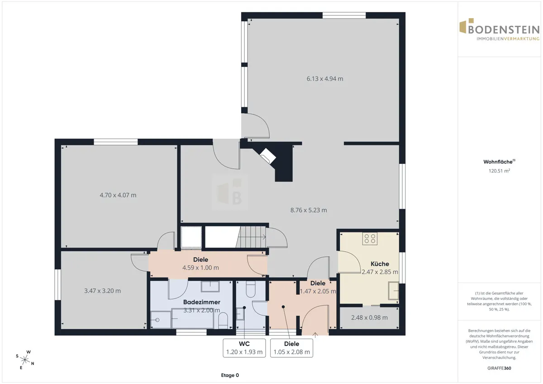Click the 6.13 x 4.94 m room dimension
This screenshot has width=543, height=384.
coord(325,79)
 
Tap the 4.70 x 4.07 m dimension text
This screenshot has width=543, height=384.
coord(118,195)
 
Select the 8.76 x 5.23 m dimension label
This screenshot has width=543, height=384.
coord(309,210)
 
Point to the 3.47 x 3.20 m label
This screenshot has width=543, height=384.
coord(102,291)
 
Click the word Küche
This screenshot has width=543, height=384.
coord(380,264)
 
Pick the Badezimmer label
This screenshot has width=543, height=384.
coord(202,302)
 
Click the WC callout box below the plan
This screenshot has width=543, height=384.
coord(244,348)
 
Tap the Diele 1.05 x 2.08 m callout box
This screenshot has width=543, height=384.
coord(291,348)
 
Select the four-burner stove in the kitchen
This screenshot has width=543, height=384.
coord(370,239)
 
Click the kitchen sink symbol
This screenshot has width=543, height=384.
coord(393,290)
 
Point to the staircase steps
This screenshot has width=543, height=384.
coord(251,237)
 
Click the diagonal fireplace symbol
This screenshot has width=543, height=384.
coord(267,155)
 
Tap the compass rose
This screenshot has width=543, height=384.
coord(25,360)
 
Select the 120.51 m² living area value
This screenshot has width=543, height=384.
coord(499,171)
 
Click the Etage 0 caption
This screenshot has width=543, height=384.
coord(230,375)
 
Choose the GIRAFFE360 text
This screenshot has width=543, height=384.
coord(499,368)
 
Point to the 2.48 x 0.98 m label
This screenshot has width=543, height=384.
coord(369,317)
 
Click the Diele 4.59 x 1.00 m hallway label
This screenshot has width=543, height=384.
coord(200,264)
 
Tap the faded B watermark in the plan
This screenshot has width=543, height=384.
coord(230,192)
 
